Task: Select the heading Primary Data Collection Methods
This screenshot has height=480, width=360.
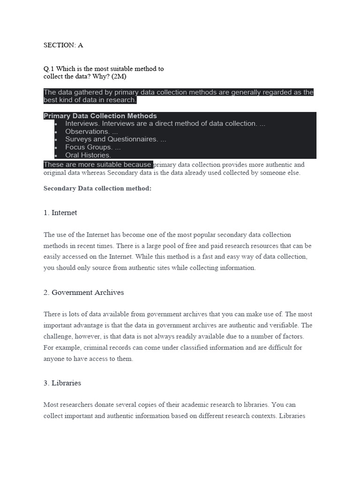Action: point(100,116)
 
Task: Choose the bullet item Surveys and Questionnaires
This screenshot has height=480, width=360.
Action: point(115,139)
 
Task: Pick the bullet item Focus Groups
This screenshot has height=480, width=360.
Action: point(93,147)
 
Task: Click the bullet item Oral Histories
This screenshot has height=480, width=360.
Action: point(88,155)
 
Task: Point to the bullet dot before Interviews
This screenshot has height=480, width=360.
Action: point(56,124)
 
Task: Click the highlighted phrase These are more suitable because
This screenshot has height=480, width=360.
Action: point(97,165)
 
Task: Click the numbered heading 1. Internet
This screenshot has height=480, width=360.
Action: point(60,213)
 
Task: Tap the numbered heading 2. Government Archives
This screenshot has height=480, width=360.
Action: point(83,292)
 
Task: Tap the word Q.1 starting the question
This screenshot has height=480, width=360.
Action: point(49,69)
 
